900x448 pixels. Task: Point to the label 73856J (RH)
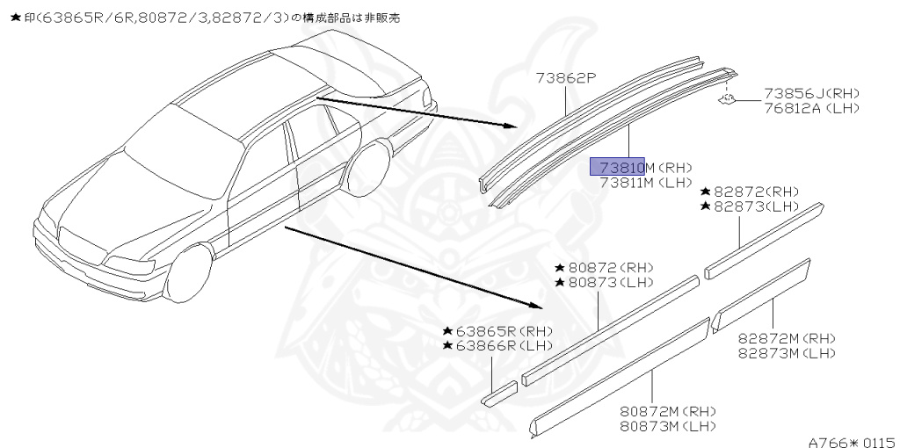(811, 93)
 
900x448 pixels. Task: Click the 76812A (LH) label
(811, 108)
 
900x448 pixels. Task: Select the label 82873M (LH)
(786, 353)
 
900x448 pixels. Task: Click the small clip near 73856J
(727, 99)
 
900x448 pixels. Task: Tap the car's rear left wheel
(368, 171)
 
